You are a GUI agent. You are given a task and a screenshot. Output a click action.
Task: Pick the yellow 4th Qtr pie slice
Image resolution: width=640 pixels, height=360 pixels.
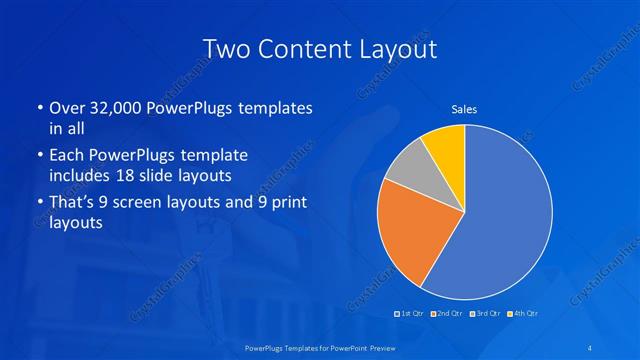[445, 145]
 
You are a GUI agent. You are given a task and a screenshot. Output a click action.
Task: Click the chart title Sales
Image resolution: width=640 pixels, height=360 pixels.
[463, 108]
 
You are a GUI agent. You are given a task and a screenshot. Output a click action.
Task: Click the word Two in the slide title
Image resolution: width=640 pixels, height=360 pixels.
[225, 47]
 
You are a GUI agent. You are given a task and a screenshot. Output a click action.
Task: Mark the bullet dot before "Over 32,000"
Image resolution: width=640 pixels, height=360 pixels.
[39, 107]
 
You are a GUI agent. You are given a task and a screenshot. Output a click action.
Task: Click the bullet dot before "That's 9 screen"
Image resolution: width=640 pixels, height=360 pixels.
[39, 203]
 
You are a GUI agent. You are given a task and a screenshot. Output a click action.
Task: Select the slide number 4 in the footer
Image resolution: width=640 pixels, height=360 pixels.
[594, 346]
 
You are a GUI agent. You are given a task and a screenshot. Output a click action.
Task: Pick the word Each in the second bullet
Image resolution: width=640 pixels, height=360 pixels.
[67, 155]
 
